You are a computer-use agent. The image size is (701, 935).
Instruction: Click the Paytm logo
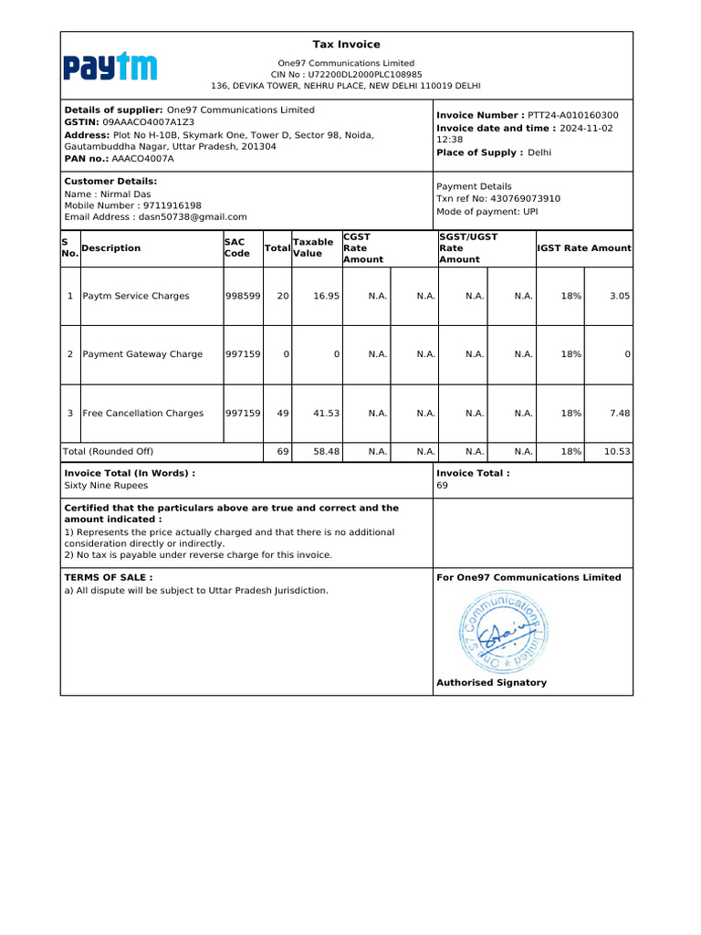tap(110, 67)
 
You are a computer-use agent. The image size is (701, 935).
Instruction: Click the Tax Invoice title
tap(346, 45)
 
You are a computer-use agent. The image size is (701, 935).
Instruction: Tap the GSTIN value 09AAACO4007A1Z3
tap(148, 121)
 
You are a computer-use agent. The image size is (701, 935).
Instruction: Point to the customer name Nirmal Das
tap(125, 194)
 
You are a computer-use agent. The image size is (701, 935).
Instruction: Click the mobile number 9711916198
tap(173, 205)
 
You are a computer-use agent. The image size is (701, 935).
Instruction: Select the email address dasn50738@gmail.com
tap(192, 217)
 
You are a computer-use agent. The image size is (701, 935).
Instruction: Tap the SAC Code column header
tap(236, 247)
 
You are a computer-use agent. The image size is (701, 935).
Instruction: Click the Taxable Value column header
tap(312, 247)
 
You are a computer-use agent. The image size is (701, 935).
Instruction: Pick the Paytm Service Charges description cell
tap(136, 296)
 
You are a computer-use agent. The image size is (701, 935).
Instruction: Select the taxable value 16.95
tap(326, 296)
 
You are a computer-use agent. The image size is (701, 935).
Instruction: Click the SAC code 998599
tap(243, 296)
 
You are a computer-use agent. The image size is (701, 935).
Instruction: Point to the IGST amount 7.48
tap(620, 413)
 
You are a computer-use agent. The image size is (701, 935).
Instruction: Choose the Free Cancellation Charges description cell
tap(143, 413)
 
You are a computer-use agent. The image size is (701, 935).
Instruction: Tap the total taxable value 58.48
tap(326, 451)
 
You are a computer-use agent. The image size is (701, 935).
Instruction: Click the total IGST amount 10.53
tap(617, 451)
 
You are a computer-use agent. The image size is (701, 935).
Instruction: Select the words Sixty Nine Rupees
tap(106, 486)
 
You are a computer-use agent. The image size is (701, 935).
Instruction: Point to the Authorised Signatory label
tap(491, 683)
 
